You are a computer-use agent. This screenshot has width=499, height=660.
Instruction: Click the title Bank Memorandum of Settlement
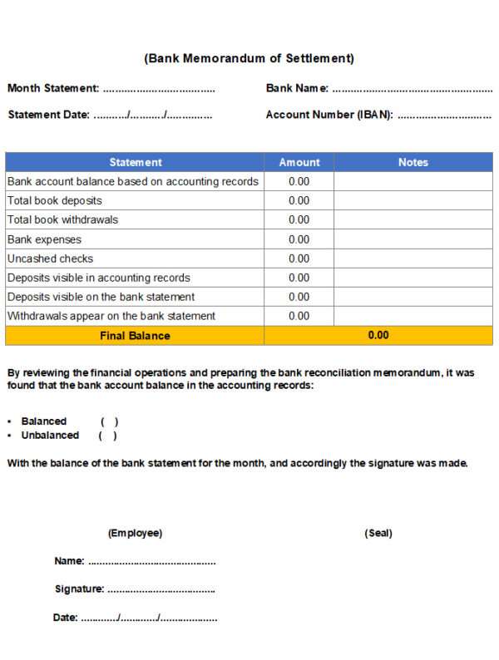coord(249,58)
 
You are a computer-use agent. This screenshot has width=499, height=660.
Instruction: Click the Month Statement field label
coord(53,88)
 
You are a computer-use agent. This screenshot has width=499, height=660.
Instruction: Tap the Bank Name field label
coord(297,88)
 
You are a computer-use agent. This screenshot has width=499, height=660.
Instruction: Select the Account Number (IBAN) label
coord(329,115)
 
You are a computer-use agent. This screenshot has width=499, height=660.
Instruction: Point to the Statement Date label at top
coord(48,115)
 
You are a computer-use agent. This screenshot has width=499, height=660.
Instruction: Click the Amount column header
coord(299,162)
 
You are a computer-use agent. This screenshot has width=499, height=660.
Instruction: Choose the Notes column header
coord(413,162)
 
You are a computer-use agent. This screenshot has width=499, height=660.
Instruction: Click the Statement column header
coord(136,162)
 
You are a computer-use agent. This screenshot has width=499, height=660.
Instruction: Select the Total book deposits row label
coord(55,200)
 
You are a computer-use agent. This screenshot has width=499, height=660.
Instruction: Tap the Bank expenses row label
coord(44,239)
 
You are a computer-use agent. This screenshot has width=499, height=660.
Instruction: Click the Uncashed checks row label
coord(50,259)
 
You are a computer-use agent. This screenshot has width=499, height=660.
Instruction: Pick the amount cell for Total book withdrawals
coord(299,219)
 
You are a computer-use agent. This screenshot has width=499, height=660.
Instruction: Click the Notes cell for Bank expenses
coord(413,239)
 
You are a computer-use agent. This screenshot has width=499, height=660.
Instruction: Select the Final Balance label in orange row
coord(135,336)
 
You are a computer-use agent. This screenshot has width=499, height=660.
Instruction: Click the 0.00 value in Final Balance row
coord(378,336)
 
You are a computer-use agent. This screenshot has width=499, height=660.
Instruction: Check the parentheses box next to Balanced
coord(110,421)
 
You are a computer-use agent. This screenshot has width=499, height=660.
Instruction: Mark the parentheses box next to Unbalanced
coord(108,436)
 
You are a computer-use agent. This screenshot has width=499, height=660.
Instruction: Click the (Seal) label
coord(378,533)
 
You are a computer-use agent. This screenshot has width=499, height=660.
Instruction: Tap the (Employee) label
coord(135,533)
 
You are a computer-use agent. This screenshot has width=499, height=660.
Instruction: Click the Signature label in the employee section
coord(79,589)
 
